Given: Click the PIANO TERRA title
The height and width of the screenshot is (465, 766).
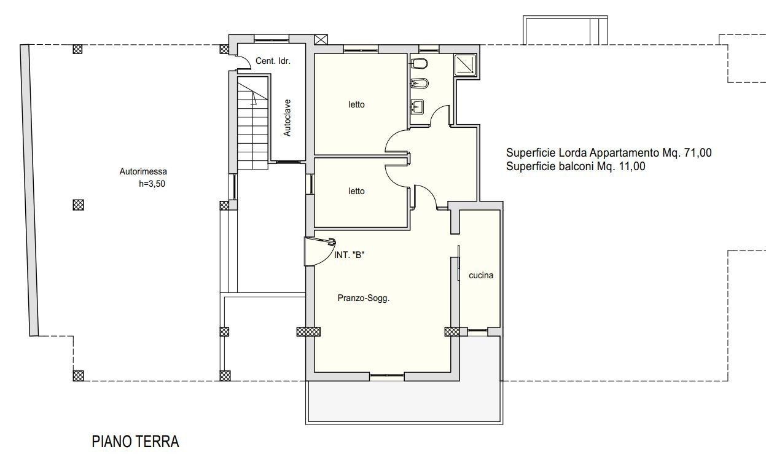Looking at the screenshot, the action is pyautogui.click(x=135, y=442).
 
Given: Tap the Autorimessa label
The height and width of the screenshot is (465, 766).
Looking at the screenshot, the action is pyautogui.click(x=143, y=171).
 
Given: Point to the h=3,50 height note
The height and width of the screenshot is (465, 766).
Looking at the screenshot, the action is pyautogui.click(x=152, y=184).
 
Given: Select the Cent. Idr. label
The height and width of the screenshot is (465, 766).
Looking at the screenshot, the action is pyautogui.click(x=273, y=61).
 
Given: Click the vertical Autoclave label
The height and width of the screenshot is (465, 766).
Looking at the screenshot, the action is pyautogui.click(x=287, y=117).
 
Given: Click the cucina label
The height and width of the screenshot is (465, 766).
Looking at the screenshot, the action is pyautogui.click(x=481, y=275).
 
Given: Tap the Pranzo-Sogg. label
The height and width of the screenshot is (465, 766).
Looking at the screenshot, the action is pyautogui.click(x=364, y=298).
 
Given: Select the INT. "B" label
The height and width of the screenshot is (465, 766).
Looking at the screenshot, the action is pyautogui.click(x=349, y=255).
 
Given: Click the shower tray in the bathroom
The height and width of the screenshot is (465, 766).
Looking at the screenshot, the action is pyautogui.click(x=465, y=65).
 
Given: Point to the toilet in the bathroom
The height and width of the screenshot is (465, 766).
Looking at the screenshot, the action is pyautogui.click(x=419, y=64).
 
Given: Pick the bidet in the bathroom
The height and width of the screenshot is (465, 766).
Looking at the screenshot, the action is pyautogui.click(x=420, y=84).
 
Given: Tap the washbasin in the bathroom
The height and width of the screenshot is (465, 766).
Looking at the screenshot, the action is pyautogui.click(x=417, y=107).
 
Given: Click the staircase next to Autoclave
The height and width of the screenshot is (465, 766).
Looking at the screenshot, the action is pyautogui.click(x=252, y=123).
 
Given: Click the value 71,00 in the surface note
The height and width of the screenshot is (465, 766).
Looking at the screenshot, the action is pyautogui.click(x=698, y=152).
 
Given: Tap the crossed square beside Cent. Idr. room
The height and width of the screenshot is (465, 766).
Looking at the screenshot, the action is pyautogui.click(x=321, y=39).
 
